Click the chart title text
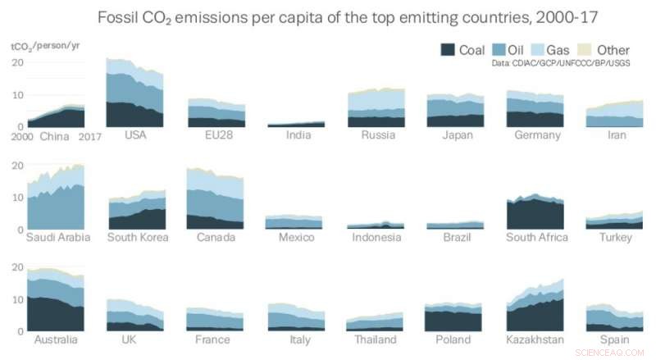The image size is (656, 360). [328, 17]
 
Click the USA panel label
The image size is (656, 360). [135, 135]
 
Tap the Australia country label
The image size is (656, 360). [56, 339]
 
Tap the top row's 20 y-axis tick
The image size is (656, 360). [16, 63]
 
